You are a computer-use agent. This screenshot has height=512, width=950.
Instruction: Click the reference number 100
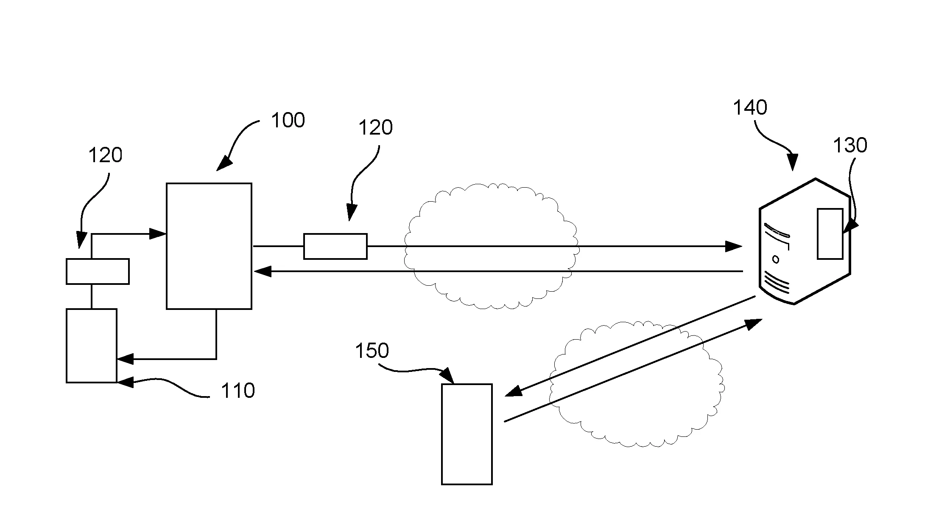pyautogui.click(x=288, y=121)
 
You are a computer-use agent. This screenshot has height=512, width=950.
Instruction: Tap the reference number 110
pyautogui.click(x=237, y=391)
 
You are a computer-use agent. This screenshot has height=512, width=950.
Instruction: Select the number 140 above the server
pyautogui.click(x=750, y=108)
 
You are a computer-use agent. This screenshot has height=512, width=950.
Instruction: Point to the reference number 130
pyautogui.click(x=850, y=146)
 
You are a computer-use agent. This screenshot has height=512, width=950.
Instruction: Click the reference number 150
pyautogui.click(x=372, y=351)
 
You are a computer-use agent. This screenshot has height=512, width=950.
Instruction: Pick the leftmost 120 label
pyautogui.click(x=105, y=155)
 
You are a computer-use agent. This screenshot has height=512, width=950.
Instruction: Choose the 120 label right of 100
pyautogui.click(x=376, y=128)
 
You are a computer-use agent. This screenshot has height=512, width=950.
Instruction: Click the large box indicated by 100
pyautogui.click(x=209, y=246)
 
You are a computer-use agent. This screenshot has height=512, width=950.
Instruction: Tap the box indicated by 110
pyautogui.click(x=92, y=346)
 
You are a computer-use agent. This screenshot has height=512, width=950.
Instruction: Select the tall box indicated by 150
pyautogui.click(x=467, y=434)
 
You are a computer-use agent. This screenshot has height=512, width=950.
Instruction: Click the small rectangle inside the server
pyautogui.click(x=830, y=233)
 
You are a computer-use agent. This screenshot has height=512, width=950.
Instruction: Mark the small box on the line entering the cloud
pyautogui.click(x=335, y=246)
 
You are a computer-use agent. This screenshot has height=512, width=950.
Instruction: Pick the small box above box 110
pyautogui.click(x=98, y=271)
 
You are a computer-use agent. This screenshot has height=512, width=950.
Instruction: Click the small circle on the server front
pyautogui.click(x=776, y=259)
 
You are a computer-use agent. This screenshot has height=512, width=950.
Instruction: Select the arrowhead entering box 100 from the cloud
pyautogui.click(x=262, y=271)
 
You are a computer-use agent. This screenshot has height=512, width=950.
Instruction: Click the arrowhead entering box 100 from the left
pyautogui.click(x=158, y=233)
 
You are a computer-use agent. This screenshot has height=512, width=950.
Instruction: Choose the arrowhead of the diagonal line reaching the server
pyautogui.click(x=754, y=324)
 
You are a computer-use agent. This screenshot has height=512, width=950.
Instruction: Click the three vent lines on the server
pyautogui.click(x=777, y=284)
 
